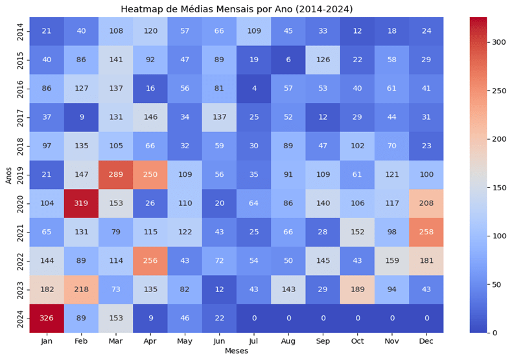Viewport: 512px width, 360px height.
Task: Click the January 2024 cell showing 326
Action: [x=46, y=318]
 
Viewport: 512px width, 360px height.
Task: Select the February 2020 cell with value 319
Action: [x=81, y=202]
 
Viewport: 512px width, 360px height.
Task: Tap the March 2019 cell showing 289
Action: [x=115, y=174]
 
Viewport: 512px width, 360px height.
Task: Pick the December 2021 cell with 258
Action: [x=426, y=231]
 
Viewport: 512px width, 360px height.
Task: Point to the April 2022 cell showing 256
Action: [x=150, y=260]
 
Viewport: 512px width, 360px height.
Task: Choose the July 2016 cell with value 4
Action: [x=253, y=87]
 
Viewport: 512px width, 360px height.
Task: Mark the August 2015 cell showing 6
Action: [x=288, y=58]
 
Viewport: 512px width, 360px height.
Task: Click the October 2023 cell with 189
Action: [x=356, y=289]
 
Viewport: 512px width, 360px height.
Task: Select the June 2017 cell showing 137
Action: [x=219, y=116]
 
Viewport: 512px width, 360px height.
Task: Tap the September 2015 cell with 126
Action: [x=322, y=58]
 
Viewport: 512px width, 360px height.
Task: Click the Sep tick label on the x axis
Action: [x=322, y=341]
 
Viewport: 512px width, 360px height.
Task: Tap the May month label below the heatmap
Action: [x=185, y=341]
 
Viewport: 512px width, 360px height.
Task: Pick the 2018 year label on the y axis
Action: [x=20, y=145]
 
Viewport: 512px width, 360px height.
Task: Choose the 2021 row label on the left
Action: [x=20, y=231]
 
